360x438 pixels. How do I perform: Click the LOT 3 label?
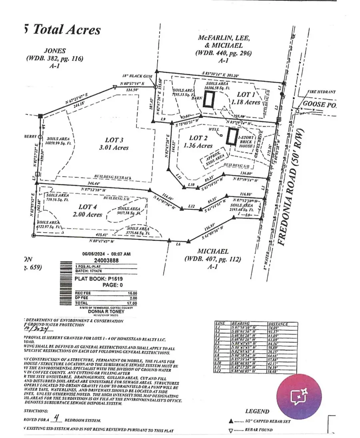tap(114, 140)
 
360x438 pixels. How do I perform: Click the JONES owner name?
tap(55, 51)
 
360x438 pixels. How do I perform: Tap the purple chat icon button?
tap(299, 396)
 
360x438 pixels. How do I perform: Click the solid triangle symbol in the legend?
tap(230, 421)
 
